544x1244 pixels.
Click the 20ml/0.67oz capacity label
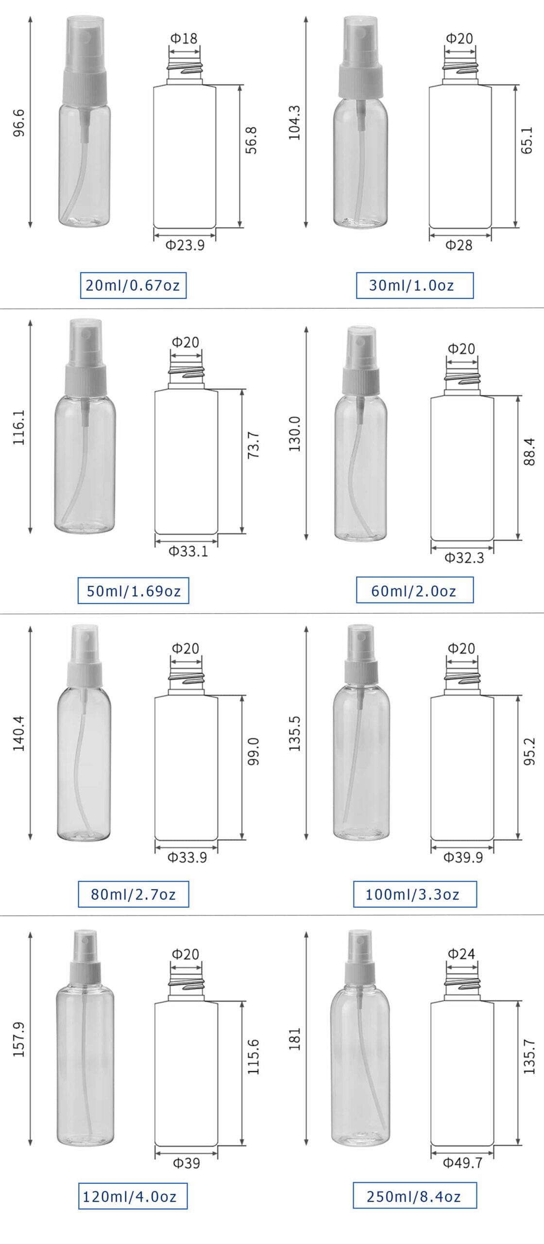(x=133, y=285)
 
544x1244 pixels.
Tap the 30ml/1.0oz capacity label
(x=414, y=285)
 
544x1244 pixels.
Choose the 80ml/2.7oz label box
(x=133, y=894)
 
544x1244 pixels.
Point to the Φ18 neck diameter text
(x=184, y=38)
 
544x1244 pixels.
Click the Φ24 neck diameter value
(x=461, y=954)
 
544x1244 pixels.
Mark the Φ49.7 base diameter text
(x=462, y=1163)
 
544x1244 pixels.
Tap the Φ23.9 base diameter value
(x=185, y=245)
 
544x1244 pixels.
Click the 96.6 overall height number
(x=19, y=123)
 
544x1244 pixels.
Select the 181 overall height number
(x=295, y=1039)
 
